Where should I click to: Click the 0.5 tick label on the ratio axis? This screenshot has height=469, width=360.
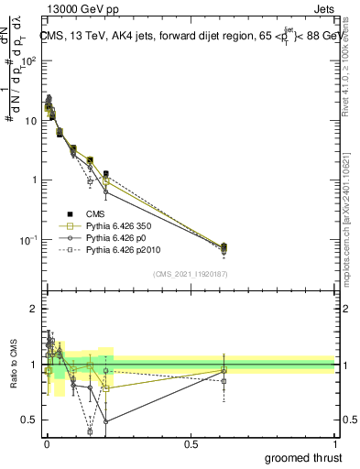(x=29, y=420)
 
